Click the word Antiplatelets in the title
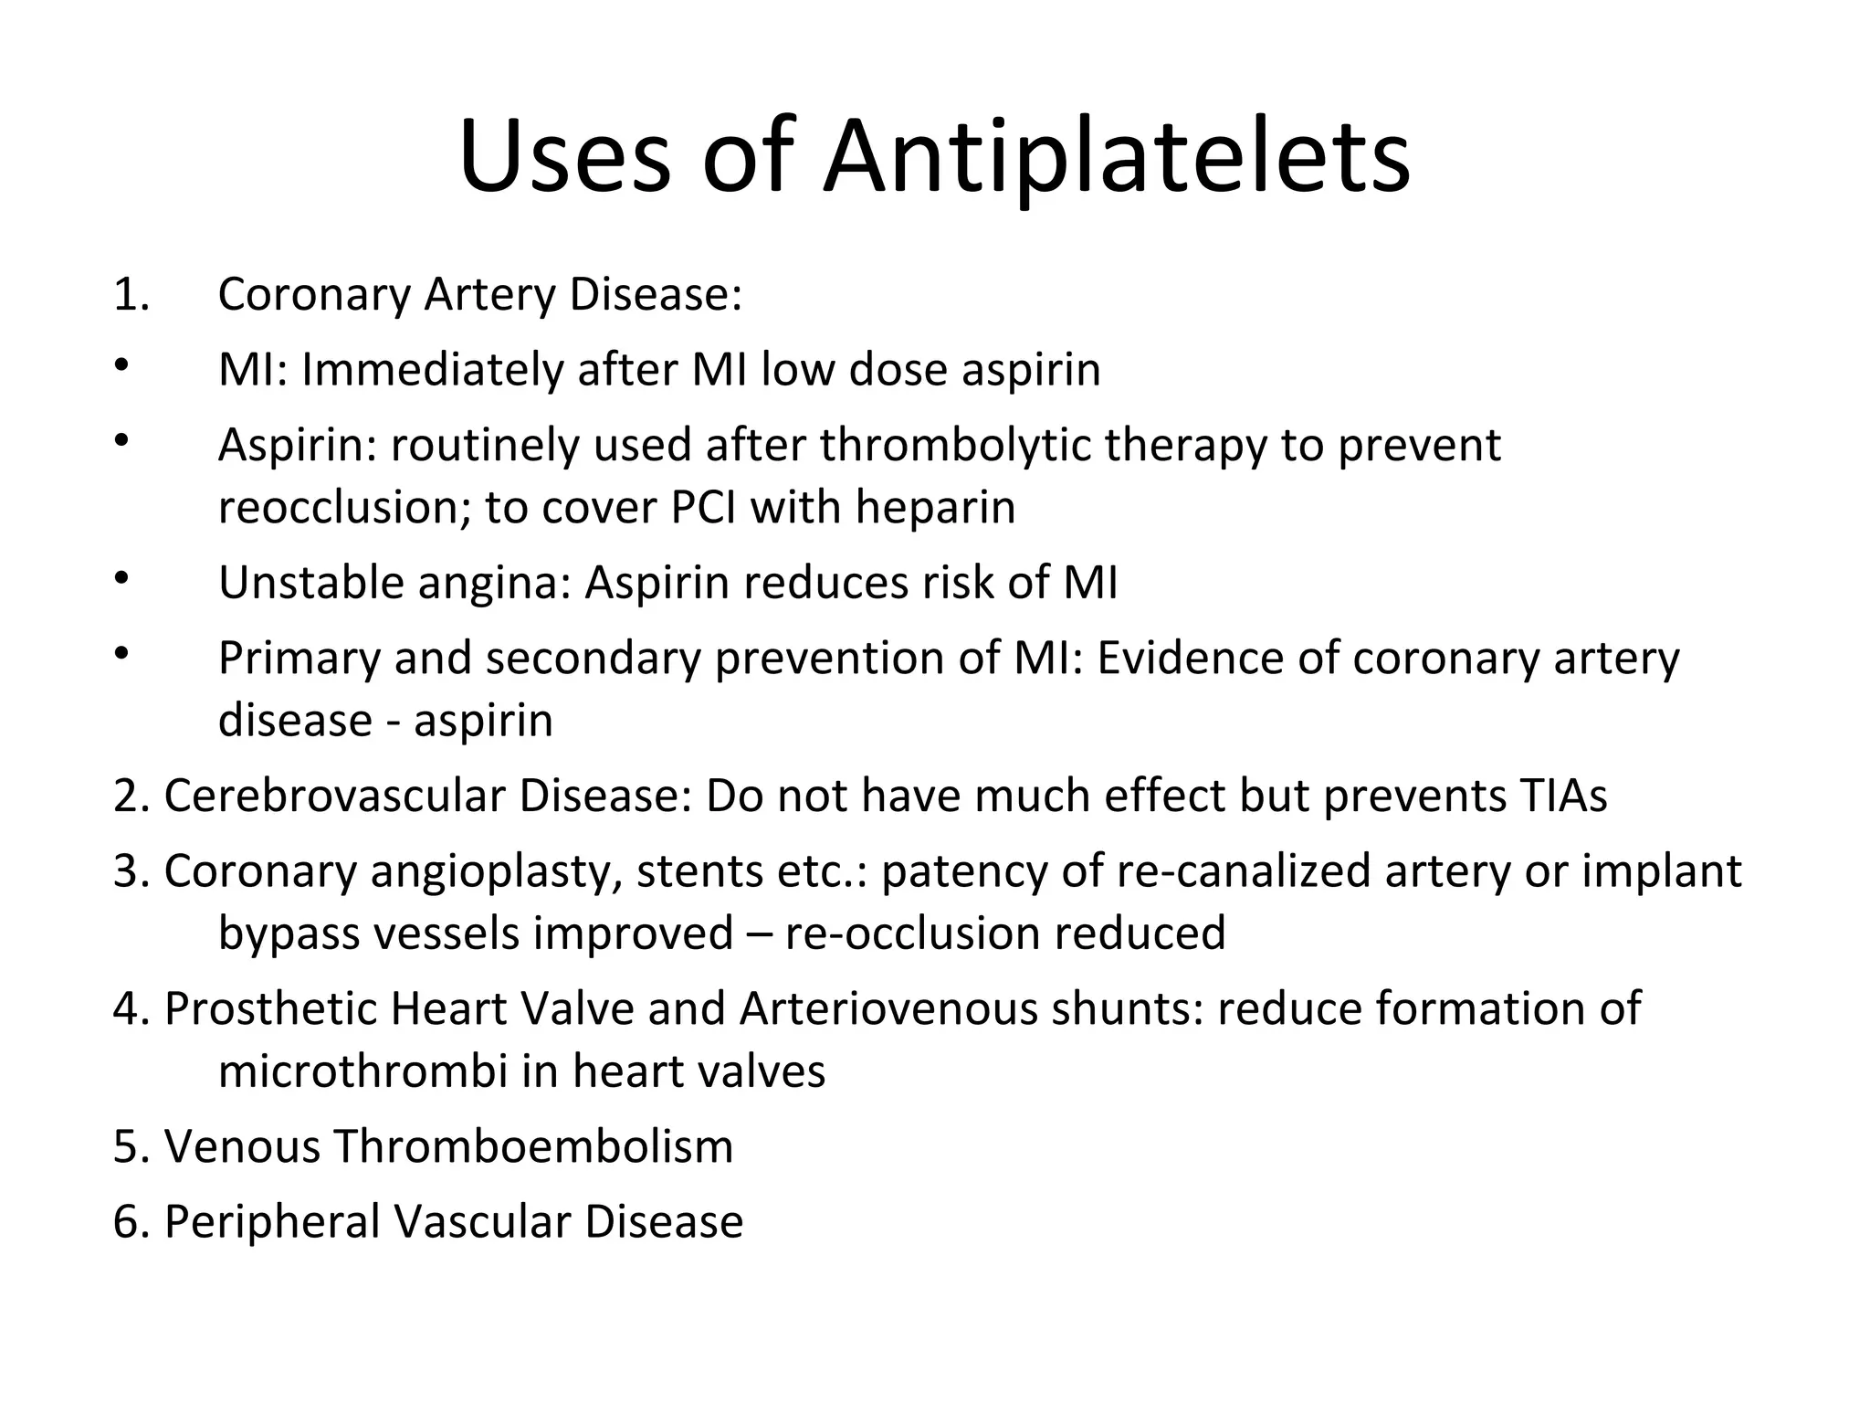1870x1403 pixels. (x=1116, y=157)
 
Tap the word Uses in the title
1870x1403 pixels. (x=564, y=157)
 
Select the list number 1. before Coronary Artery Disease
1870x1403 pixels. (x=131, y=295)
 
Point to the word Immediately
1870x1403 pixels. (x=431, y=371)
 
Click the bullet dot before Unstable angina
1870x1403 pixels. (x=121, y=578)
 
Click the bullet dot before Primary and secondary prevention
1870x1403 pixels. (x=121, y=653)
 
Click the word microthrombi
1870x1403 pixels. (x=362, y=1071)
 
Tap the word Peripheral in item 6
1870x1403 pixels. (x=272, y=1223)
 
